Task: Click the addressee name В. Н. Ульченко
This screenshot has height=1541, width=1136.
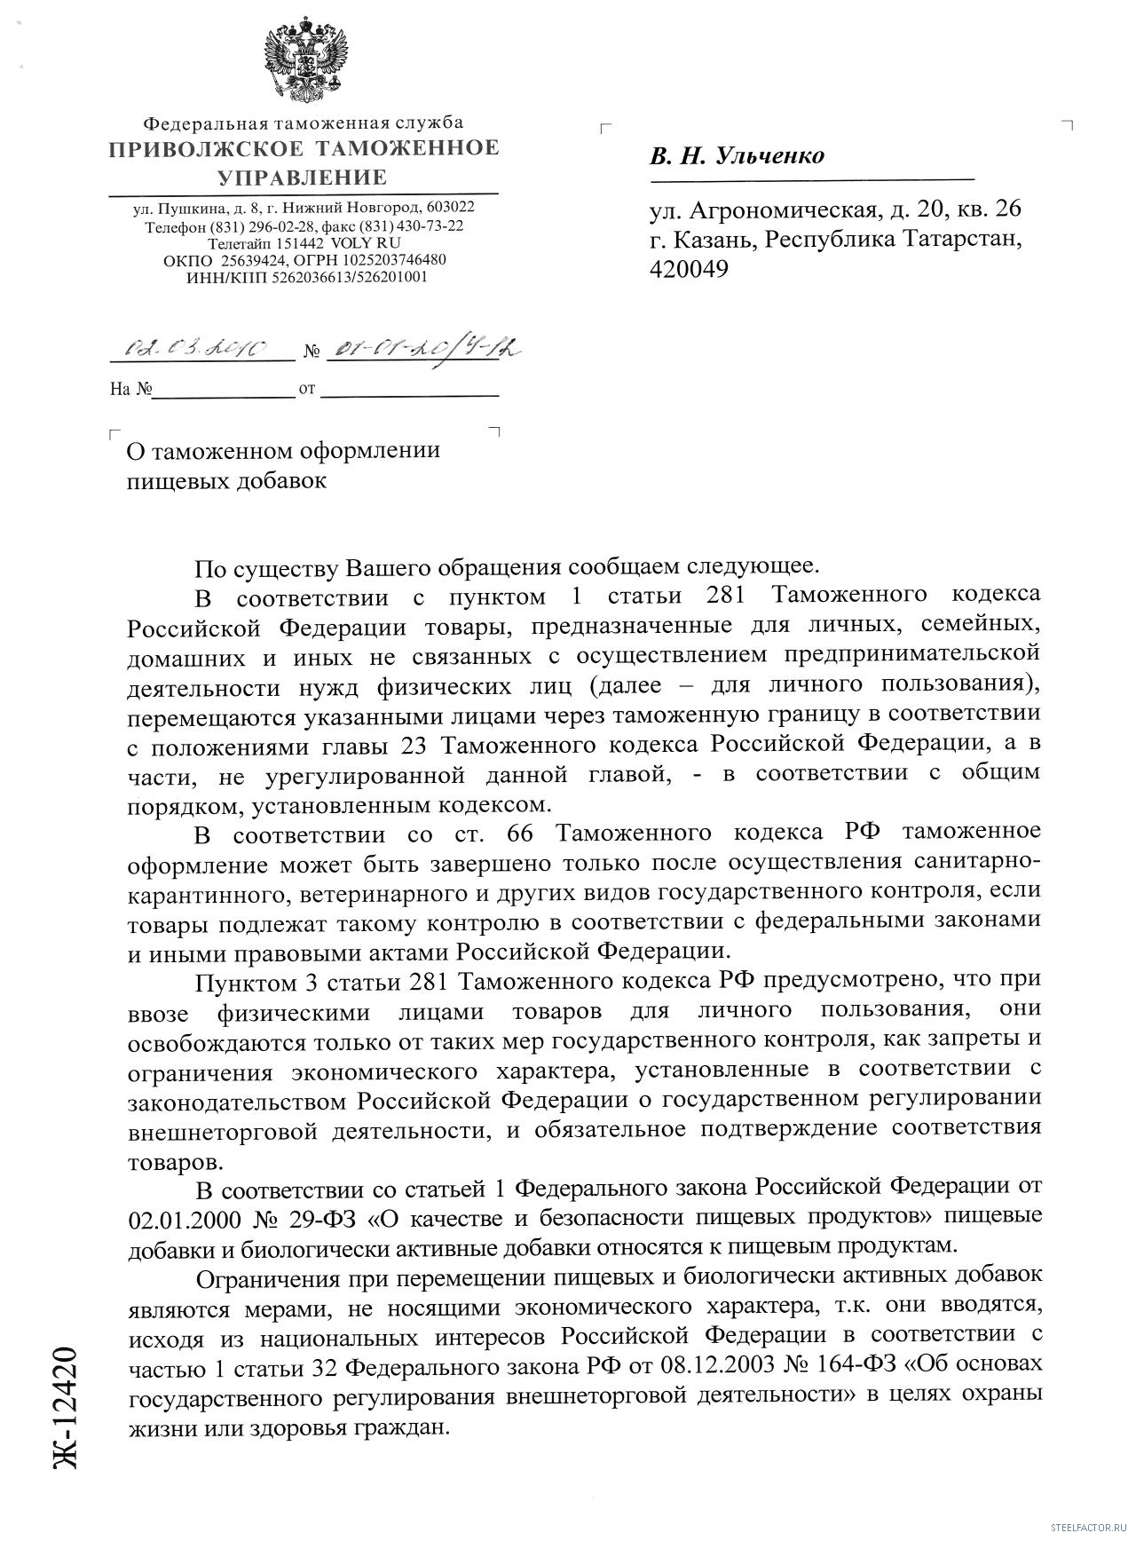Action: point(737,156)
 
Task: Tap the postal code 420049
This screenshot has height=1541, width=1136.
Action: point(689,269)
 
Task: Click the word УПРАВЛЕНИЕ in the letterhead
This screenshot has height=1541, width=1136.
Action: point(303,177)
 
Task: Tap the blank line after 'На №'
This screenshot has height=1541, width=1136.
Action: point(224,390)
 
